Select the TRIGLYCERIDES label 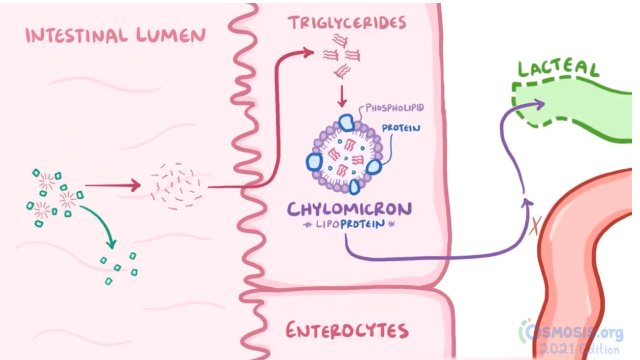pos(347,23)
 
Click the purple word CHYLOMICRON pos(349,209)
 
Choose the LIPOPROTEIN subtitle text pos(349,224)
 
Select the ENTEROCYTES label pos(347,331)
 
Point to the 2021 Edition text pos(580,350)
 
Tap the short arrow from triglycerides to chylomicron pos(342,97)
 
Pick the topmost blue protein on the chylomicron pos(346,122)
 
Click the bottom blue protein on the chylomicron pos(354,187)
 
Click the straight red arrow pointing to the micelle pos(112,186)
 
